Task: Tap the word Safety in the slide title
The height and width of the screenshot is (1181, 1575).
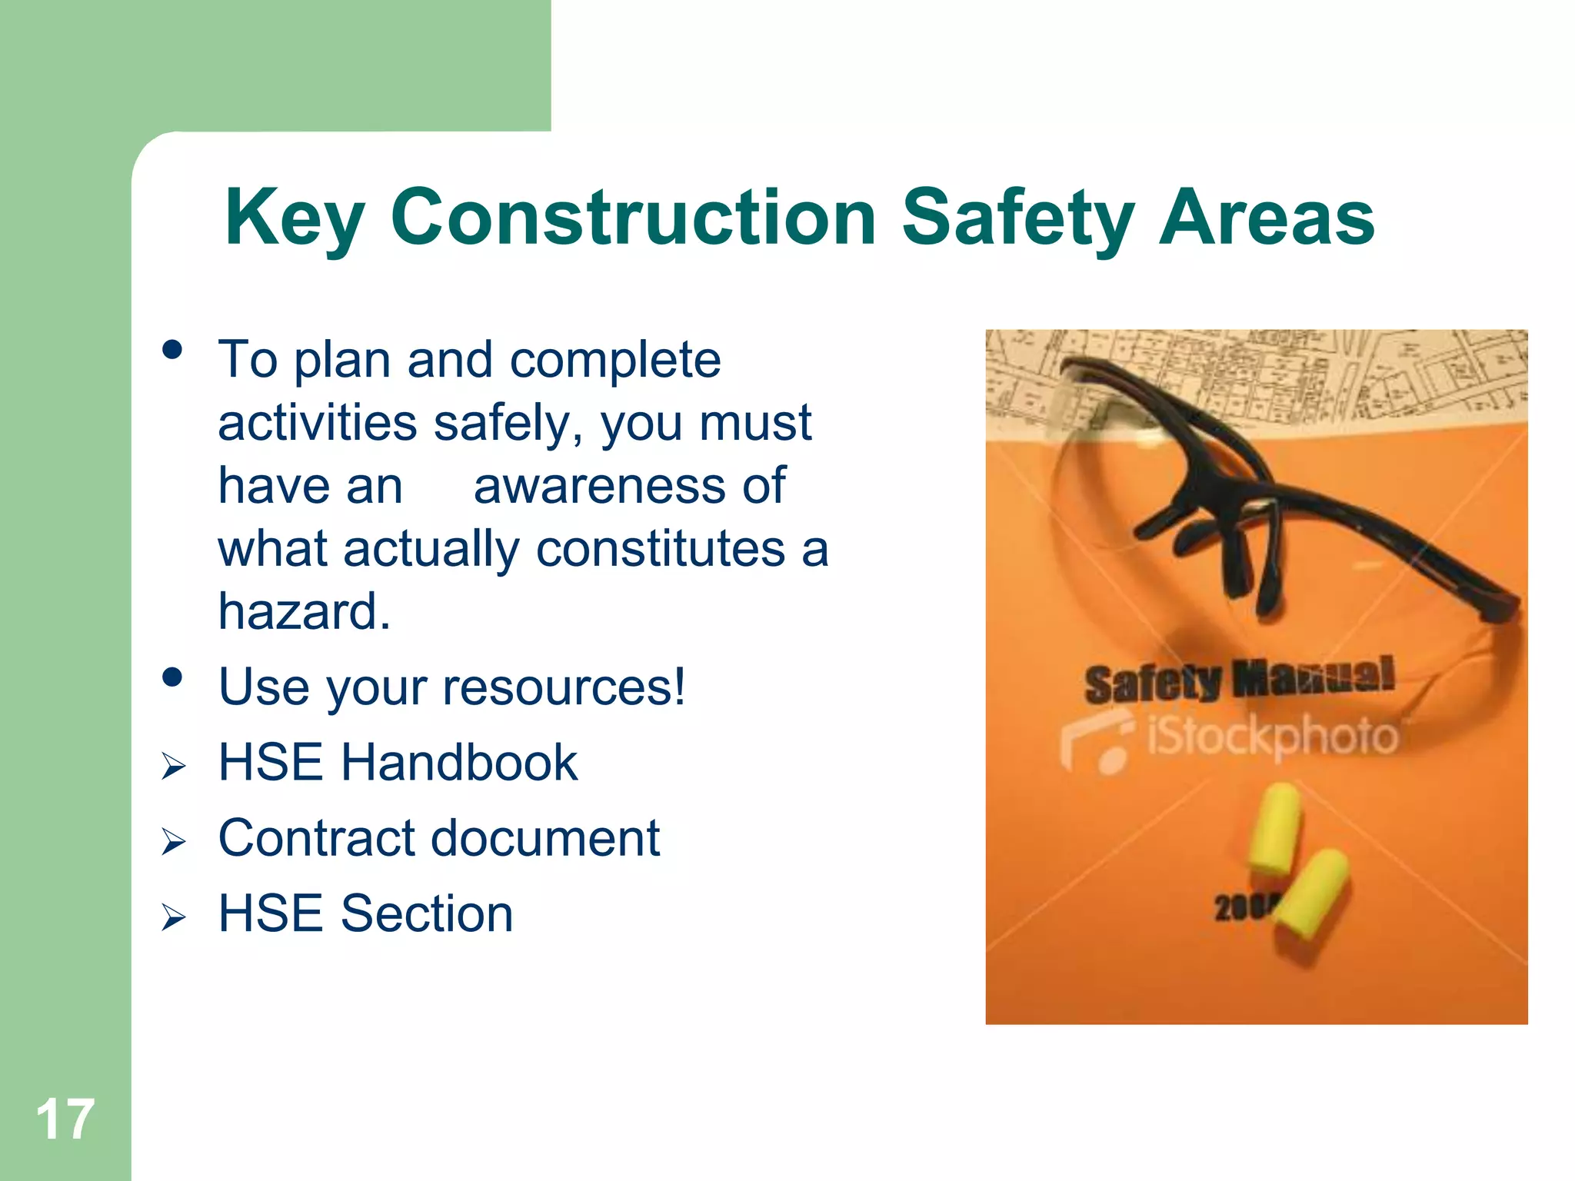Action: coord(1018,219)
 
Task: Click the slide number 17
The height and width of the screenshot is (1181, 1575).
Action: coord(65,1119)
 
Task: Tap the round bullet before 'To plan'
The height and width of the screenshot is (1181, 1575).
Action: coord(172,351)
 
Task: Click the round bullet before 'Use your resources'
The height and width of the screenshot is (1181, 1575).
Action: coord(172,677)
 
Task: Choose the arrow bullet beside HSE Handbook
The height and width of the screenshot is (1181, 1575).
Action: coord(174,767)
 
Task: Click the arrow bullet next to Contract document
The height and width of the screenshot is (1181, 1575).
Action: coord(174,842)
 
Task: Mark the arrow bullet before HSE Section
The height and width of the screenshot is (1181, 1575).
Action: coord(174,917)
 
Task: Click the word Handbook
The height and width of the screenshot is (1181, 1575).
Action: coord(459,763)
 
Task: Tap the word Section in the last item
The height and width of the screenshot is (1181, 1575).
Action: coord(427,913)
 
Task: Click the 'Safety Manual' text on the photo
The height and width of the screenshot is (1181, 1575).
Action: coord(1238,680)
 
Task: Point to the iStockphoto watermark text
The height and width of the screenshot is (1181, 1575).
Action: coord(1270,737)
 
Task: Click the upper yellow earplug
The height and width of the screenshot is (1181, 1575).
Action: coord(1274,829)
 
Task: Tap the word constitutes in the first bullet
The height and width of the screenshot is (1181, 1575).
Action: coord(661,549)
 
